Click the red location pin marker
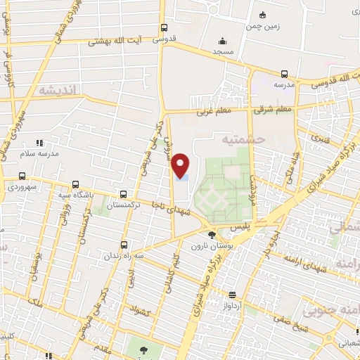tap(181, 165)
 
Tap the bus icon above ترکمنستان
tap(124, 193)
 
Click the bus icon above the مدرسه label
tap(284, 74)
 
